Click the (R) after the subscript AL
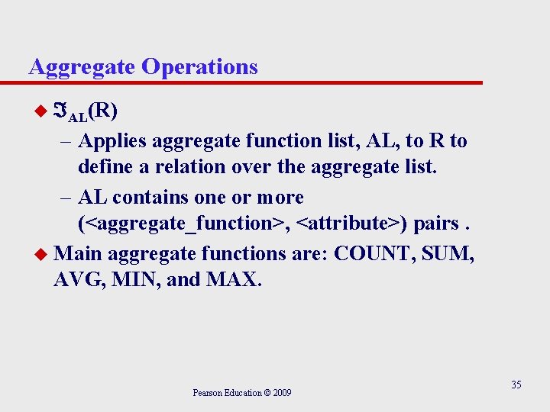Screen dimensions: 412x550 click(102, 111)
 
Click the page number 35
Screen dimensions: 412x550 click(516, 385)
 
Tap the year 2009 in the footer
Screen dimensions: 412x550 click(280, 393)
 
